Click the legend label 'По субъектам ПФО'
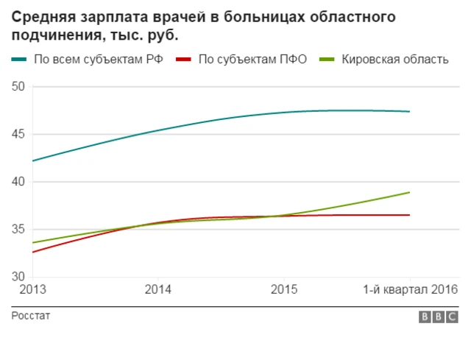[x=252, y=60]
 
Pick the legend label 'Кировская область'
[x=394, y=60]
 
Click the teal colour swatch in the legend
[x=20, y=60]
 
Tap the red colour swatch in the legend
[x=185, y=60]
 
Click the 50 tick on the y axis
[x=18, y=87]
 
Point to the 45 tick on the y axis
[x=18, y=135]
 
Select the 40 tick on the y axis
[x=18, y=182]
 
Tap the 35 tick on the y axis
[x=18, y=230]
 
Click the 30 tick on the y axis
[x=18, y=277]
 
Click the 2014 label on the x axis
[x=157, y=290]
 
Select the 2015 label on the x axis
[x=284, y=290]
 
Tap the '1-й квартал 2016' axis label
[x=411, y=290]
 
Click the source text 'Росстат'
[x=31, y=316]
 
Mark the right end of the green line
[x=409, y=192]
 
